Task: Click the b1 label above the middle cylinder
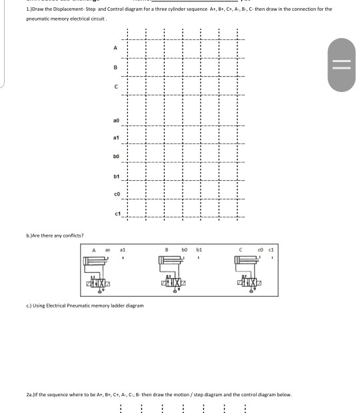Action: pyautogui.click(x=199, y=248)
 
